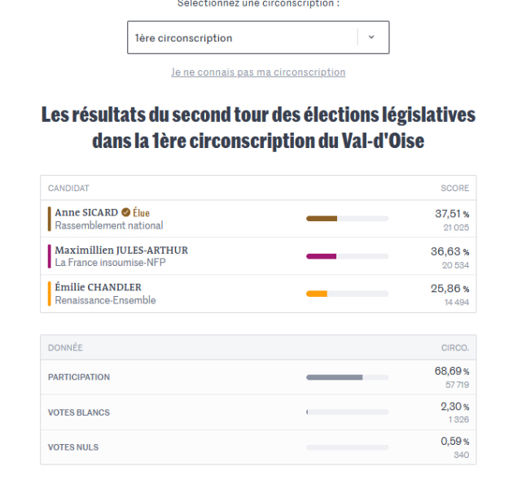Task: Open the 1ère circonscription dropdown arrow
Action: tap(371, 37)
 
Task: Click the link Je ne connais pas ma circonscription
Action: tap(258, 72)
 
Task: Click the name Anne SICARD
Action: tap(86, 213)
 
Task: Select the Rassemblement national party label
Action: tap(109, 225)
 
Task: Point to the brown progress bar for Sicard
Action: tap(322, 219)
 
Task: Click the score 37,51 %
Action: tap(452, 214)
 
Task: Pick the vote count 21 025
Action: tap(456, 228)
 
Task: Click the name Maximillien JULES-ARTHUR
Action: tap(121, 251)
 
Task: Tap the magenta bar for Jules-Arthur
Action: tap(321, 256)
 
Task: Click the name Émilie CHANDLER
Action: tap(98, 287)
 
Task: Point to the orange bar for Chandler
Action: tap(317, 294)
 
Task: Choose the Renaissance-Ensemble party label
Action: tap(105, 300)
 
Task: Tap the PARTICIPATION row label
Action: tap(79, 377)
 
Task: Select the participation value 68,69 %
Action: tap(452, 371)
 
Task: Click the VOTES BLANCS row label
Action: tap(79, 412)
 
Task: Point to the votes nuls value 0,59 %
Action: tap(454, 442)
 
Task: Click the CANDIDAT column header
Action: tap(68, 188)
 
